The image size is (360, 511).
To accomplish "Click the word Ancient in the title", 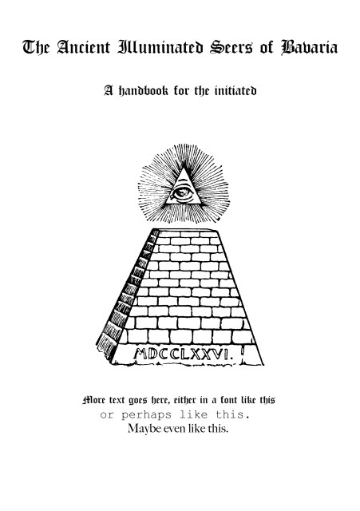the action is (x=84, y=47).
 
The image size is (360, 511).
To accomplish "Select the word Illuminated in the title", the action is (x=160, y=47).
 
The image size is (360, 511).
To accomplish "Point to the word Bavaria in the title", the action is (x=309, y=47).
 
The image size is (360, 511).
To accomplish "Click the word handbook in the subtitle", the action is (x=143, y=90).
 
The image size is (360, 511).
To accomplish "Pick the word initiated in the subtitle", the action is (x=235, y=90).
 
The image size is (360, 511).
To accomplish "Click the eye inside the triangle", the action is (x=182, y=193).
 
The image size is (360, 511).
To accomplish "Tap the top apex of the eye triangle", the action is (x=184, y=167).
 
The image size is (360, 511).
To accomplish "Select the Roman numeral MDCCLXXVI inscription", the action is (x=183, y=354).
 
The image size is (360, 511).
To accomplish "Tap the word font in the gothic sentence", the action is (x=229, y=400).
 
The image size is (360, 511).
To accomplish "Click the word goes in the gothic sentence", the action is (x=138, y=401).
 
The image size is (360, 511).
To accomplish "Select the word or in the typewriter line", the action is (x=105, y=415).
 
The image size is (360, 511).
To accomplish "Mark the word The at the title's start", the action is (x=36, y=47).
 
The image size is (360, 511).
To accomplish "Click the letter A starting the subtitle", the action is (x=109, y=90).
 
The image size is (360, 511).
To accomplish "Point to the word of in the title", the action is (x=266, y=47).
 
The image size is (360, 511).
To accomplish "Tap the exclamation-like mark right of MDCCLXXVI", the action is (x=243, y=353).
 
